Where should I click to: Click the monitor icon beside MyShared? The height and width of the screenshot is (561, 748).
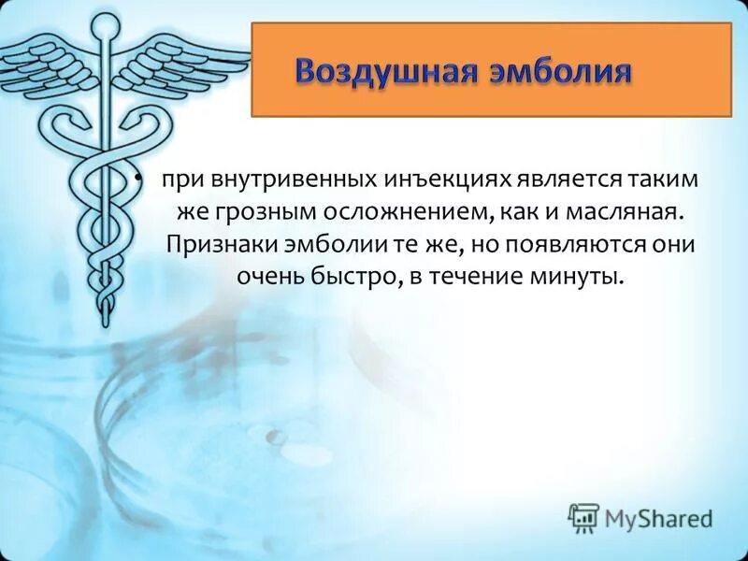coord(583,516)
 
